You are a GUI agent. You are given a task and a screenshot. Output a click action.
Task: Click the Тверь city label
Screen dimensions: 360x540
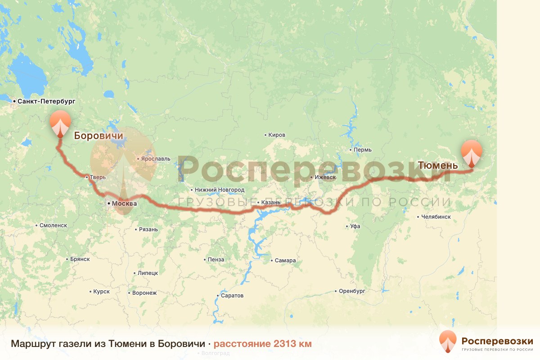coord(98,177)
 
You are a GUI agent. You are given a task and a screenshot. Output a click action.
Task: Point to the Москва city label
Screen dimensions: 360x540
coord(124,204)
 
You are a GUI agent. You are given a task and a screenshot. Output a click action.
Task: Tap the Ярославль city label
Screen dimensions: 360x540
coord(156,159)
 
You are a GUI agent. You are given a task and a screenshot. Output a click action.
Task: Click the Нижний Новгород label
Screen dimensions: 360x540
coord(220,190)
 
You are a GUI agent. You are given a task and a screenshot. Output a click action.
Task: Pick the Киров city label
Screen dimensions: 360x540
coord(276,135)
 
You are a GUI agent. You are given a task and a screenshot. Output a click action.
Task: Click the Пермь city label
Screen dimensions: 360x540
coord(363,149)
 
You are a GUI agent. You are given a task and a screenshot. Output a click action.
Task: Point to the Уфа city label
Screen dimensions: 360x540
coord(355,226)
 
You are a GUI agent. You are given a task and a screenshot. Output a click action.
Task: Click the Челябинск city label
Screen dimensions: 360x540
coord(436,216)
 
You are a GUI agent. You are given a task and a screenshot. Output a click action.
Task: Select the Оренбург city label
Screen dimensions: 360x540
coord(352,291)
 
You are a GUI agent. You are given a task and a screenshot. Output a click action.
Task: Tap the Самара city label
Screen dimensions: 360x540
coord(286,261)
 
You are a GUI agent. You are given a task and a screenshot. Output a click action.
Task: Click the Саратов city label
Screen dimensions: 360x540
coord(232,296)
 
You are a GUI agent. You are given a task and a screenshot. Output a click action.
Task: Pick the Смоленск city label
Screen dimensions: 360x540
coord(53,225)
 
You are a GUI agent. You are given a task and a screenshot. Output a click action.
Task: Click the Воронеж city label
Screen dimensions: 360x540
coord(144,293)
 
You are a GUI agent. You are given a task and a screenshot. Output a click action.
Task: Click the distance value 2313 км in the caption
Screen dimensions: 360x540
coord(262,344)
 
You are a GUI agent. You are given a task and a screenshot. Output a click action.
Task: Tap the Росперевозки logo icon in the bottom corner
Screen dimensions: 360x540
coord(448,342)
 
